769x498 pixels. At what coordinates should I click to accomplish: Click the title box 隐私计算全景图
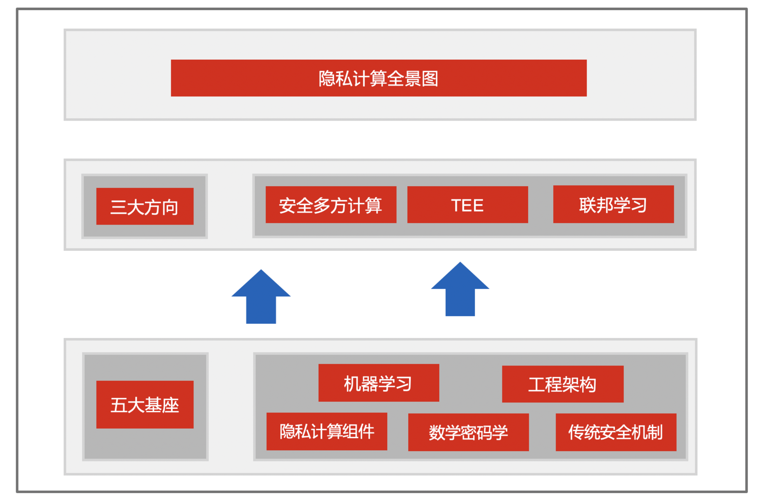(379, 78)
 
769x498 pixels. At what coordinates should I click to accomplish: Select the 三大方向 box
(145, 206)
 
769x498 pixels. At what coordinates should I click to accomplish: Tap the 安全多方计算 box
(331, 205)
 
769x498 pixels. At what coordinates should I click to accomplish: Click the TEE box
(467, 205)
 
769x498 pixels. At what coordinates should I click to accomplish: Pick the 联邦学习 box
(613, 204)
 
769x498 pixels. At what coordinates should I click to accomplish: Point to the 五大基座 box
(145, 405)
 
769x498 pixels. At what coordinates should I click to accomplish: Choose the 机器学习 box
(379, 383)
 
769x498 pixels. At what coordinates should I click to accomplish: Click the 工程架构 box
(563, 384)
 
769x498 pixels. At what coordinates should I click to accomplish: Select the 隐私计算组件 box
(327, 431)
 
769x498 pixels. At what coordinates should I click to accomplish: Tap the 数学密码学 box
(468, 432)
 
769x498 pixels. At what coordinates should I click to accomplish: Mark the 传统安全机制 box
(616, 432)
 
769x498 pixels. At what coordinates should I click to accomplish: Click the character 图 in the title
(430, 78)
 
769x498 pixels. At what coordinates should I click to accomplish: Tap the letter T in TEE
(456, 205)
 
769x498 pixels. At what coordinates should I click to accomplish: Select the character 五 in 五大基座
(119, 405)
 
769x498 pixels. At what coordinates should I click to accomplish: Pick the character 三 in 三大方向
(119, 207)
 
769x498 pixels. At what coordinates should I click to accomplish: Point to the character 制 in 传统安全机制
(654, 432)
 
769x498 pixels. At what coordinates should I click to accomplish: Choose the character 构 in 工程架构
(588, 385)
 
